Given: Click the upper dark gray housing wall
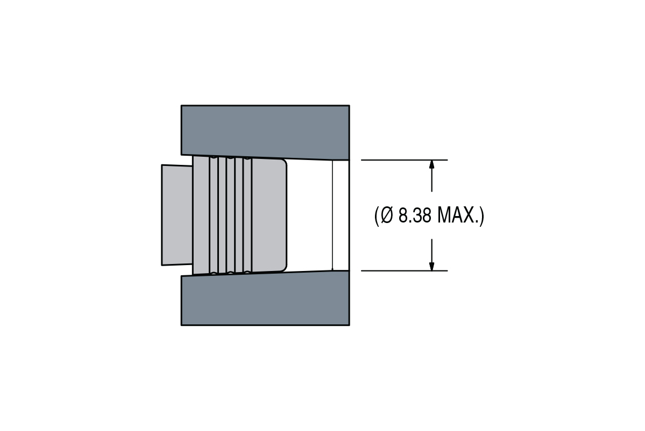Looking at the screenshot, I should click(x=265, y=129).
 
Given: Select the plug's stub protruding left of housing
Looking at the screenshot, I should click(x=177, y=215).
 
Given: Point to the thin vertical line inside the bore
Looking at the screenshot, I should click(x=332, y=215).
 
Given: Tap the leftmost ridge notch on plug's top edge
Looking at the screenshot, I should click(x=214, y=157).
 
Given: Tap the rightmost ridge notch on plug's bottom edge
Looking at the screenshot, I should click(x=247, y=272).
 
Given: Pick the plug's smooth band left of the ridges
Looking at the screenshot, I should click(x=201, y=215).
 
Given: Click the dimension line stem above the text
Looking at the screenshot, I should click(x=431, y=180).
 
